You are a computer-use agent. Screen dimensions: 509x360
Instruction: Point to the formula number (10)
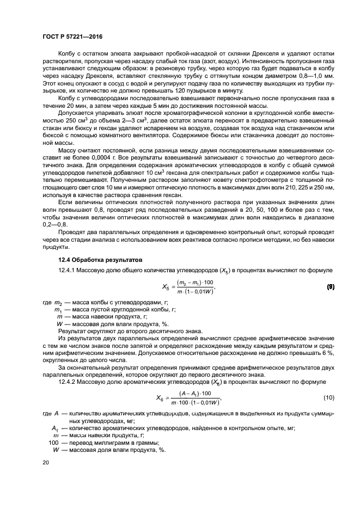tap(329, 398)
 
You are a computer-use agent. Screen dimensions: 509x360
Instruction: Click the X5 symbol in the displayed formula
tap(167, 286)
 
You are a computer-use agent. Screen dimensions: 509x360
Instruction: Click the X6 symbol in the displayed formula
tap(160, 398)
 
